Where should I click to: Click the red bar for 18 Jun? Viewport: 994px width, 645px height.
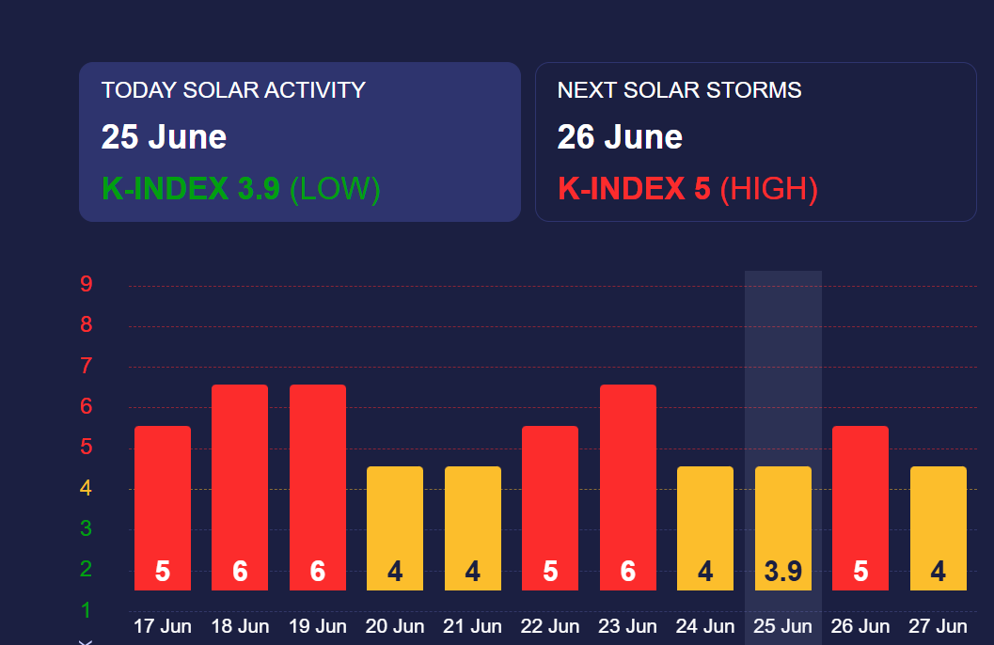click(x=240, y=487)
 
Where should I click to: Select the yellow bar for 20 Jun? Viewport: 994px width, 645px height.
click(x=395, y=528)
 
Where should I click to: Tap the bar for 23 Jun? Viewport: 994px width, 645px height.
click(x=627, y=487)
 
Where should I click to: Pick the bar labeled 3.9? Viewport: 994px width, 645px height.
click(x=783, y=528)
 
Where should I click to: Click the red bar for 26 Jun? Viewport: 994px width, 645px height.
click(x=860, y=508)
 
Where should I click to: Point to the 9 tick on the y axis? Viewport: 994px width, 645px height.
click(x=87, y=284)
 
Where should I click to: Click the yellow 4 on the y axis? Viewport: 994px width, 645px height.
click(x=86, y=488)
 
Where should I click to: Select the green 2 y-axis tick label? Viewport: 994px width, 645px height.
click(x=87, y=569)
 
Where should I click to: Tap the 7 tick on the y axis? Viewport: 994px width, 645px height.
click(x=87, y=366)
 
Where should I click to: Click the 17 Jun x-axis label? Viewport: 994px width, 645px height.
click(x=163, y=626)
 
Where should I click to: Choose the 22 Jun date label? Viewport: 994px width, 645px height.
click(x=549, y=626)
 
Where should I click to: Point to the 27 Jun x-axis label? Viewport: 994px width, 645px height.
click(x=938, y=626)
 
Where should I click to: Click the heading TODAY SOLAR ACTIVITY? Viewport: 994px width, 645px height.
click(x=233, y=90)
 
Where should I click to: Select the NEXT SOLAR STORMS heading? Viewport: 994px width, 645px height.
click(x=680, y=90)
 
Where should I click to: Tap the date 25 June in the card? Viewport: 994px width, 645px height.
click(x=165, y=137)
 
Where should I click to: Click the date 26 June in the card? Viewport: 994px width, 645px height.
click(x=620, y=137)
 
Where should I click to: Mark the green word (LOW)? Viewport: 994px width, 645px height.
click(x=335, y=189)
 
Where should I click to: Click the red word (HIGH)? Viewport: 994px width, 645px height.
click(x=769, y=189)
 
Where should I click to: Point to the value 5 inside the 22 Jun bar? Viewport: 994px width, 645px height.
click(x=550, y=572)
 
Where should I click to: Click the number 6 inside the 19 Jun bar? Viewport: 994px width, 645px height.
click(x=318, y=572)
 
